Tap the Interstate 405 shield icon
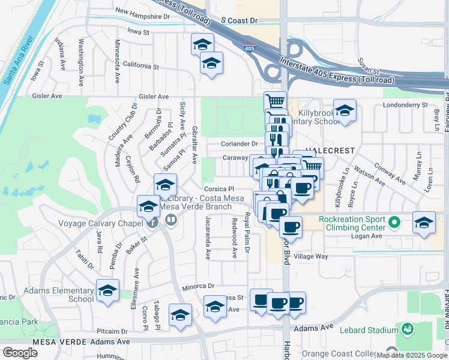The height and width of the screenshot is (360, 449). [249, 47]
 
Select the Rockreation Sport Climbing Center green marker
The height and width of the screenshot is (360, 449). [394, 223]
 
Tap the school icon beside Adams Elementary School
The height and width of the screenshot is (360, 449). [107, 291]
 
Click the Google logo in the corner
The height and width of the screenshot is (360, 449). [20, 353]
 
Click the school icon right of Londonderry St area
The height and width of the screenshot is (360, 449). [345, 111]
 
